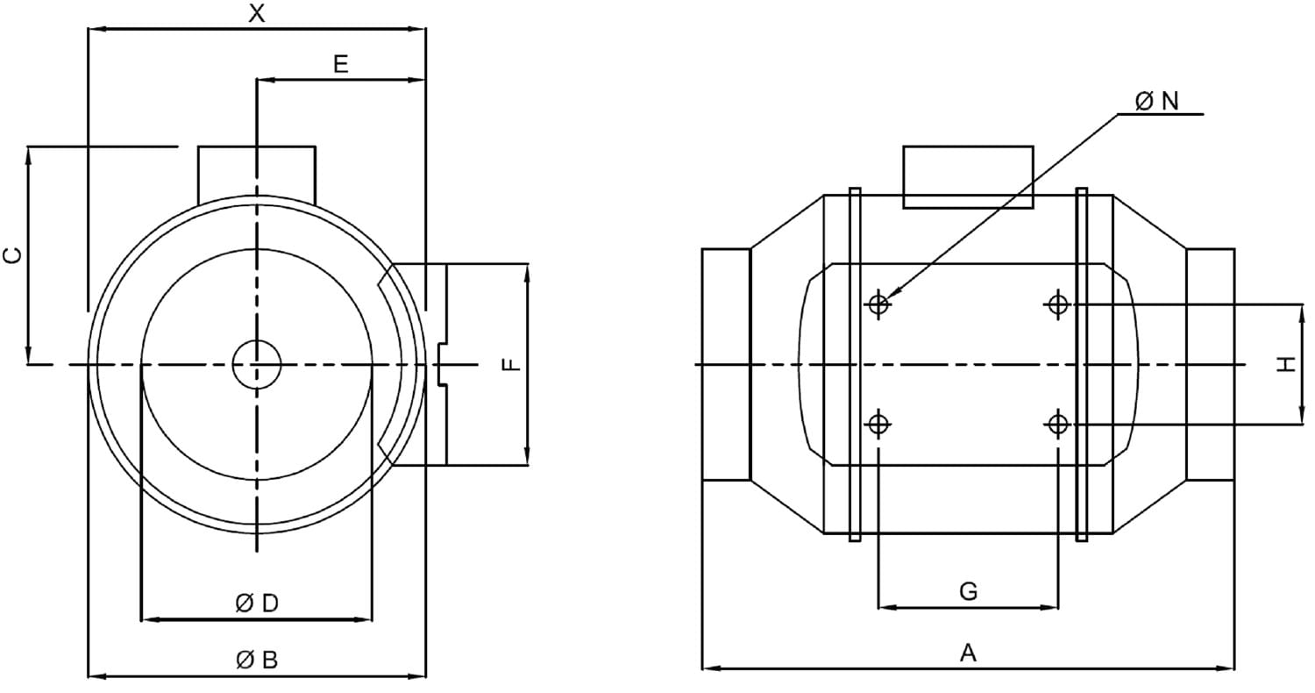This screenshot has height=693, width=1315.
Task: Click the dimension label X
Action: point(257,13)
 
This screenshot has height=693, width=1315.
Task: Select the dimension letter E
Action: point(340,63)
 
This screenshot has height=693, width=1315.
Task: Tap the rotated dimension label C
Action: point(13,255)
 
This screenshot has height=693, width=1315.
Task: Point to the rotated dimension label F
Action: point(512,365)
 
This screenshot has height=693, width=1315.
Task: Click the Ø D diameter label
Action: point(257,604)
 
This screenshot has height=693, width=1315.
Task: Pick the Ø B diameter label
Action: point(257,661)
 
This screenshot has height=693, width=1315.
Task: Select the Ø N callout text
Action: point(1156,101)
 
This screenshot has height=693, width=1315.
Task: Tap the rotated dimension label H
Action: point(1286,365)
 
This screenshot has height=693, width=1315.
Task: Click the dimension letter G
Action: point(968,591)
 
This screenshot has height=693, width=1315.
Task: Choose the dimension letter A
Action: point(968,653)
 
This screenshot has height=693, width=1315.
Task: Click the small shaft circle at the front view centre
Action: point(257,365)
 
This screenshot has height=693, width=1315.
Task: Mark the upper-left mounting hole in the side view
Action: point(878,304)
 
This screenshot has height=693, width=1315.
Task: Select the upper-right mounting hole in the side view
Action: point(1058,304)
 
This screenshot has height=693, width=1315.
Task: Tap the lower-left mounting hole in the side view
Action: point(878,424)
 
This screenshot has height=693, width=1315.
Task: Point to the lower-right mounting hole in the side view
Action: point(1058,424)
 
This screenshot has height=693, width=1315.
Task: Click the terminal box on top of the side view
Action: point(968,177)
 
